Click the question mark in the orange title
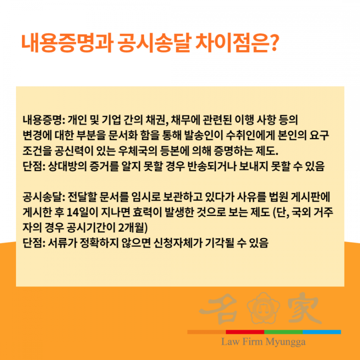[x=273, y=43]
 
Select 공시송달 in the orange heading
[x=154, y=43]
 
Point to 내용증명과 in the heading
[x=67, y=43]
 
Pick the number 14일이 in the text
[x=79, y=213]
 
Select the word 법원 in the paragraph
[x=278, y=197]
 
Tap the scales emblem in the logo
[x=263, y=308]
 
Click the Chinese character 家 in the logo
[x=304, y=308]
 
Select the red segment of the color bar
[x=245, y=332]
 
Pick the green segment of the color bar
[x=283, y=332]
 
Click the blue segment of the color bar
[x=322, y=332]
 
